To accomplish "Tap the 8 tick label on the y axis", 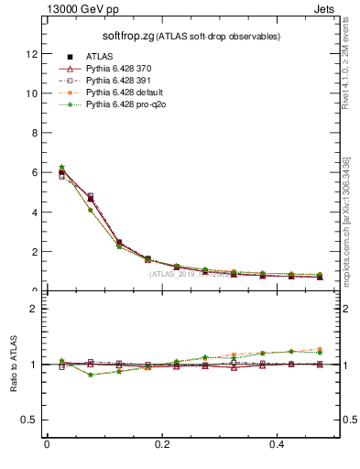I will point(35,133).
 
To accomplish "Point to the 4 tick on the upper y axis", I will point(35,212).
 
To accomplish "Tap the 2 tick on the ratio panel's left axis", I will point(35,309).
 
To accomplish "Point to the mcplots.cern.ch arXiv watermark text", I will point(347,219).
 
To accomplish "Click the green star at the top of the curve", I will point(61,167).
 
